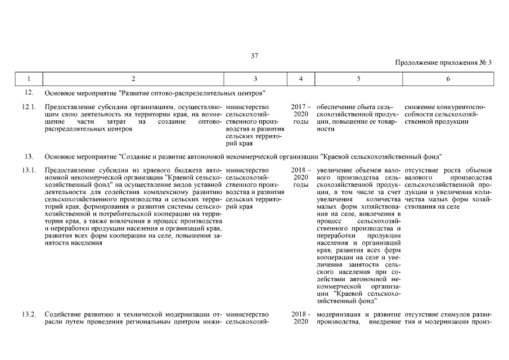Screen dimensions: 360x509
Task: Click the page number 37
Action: click(254, 55)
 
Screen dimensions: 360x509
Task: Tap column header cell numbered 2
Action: click(133, 79)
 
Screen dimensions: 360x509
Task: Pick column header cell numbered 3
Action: click(255, 79)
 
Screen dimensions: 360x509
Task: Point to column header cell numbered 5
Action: click(358, 79)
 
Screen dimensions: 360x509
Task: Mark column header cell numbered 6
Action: click(448, 79)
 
